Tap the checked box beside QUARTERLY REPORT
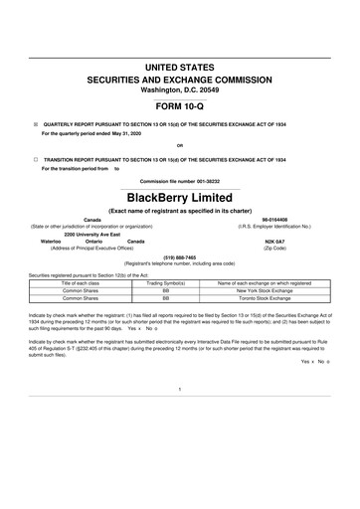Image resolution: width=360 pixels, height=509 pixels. tap(36, 126)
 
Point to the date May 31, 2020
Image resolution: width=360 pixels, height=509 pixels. tap(131, 136)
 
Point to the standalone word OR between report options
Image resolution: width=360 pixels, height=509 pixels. tap(179, 147)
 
